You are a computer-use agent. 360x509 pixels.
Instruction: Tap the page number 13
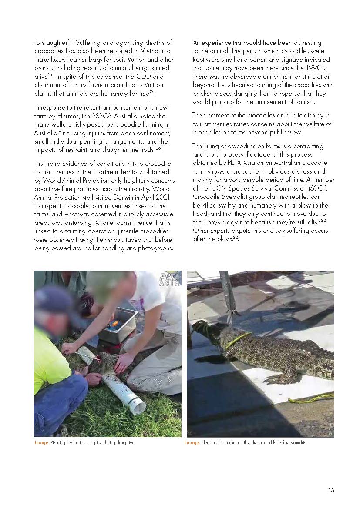[331, 490]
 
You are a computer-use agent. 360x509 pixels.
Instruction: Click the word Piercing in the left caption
[58, 443]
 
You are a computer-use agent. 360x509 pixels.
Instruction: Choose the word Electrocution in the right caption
[212, 443]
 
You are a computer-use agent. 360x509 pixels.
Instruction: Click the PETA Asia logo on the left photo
[170, 279]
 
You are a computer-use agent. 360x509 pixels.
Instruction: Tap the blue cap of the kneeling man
[54, 300]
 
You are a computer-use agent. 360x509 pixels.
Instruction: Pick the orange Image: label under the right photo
[192, 443]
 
